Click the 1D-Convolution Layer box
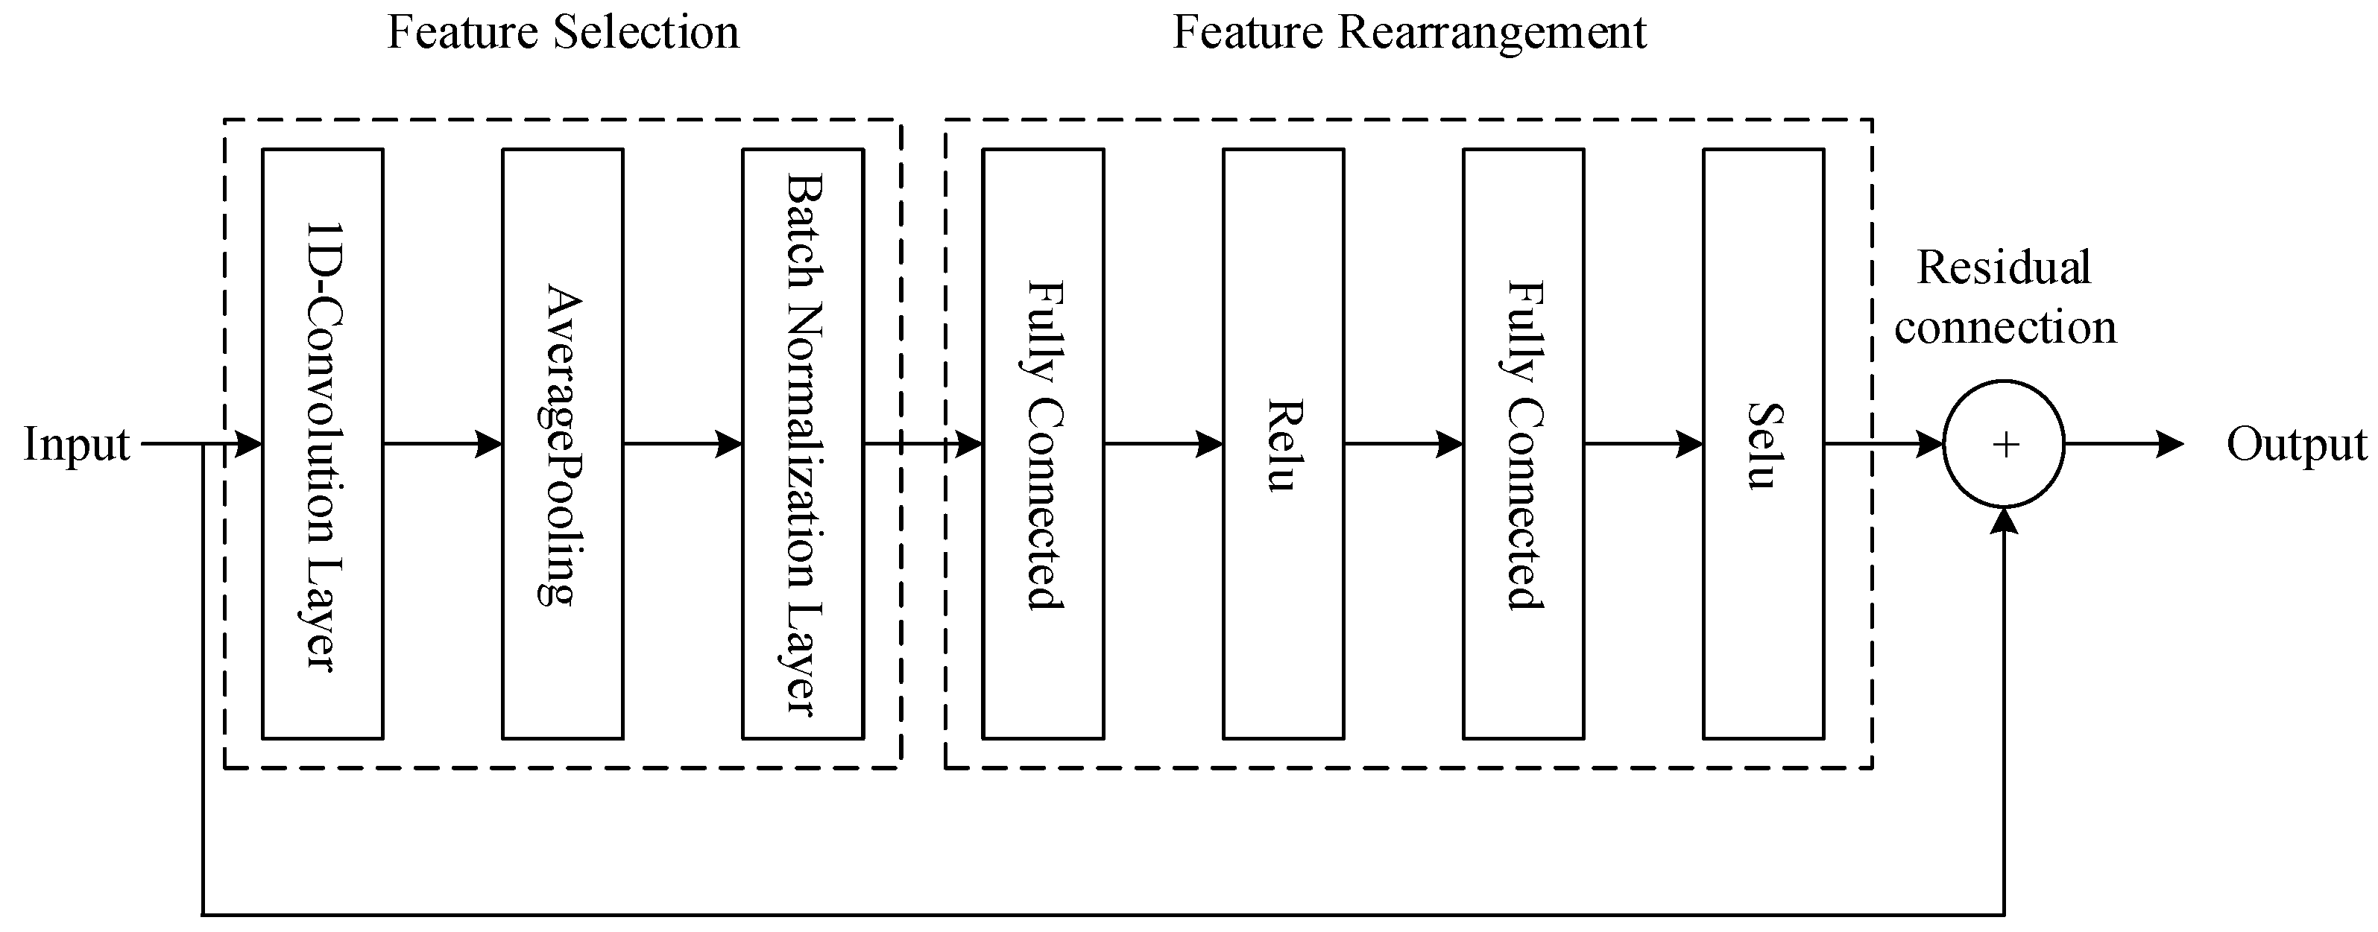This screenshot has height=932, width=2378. [322, 444]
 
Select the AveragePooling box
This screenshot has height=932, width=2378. [562, 444]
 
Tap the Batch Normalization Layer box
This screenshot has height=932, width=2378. [802, 444]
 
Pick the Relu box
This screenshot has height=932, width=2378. [1283, 444]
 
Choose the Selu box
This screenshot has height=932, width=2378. [1763, 444]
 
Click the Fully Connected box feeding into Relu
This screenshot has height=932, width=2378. [1043, 444]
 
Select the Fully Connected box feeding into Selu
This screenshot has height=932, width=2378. [1523, 444]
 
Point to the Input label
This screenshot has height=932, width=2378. [76, 444]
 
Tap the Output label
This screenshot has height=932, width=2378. [2297, 444]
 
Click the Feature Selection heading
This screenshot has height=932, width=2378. [562, 32]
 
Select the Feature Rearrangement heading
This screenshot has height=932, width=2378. [1409, 32]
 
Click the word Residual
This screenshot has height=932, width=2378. [2003, 267]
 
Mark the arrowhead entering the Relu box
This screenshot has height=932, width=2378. [1210, 444]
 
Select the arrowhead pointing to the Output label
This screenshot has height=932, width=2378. [2170, 444]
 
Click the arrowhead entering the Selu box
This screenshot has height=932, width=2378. [1690, 444]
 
